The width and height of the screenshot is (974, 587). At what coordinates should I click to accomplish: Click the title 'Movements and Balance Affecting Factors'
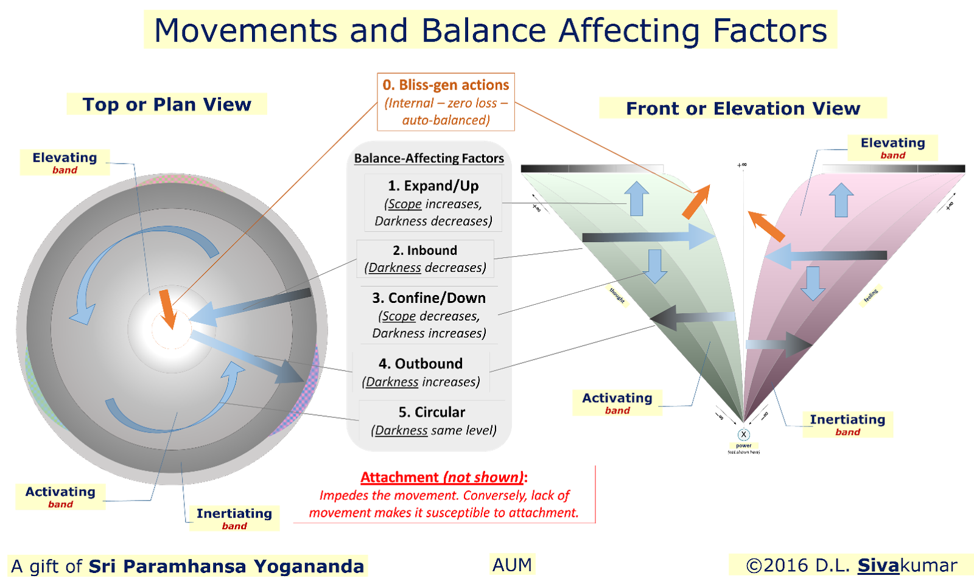[x=490, y=30]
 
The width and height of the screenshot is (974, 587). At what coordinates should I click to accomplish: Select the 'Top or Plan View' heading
[x=166, y=104]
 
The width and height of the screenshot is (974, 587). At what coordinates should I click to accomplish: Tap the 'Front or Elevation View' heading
[x=743, y=108]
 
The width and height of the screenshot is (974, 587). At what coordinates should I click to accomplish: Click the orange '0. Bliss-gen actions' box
[x=446, y=102]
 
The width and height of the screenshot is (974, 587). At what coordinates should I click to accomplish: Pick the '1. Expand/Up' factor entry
[x=433, y=203]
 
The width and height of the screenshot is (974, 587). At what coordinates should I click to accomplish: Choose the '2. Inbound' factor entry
[x=425, y=259]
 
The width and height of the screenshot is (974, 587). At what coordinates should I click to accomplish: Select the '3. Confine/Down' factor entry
[x=429, y=314]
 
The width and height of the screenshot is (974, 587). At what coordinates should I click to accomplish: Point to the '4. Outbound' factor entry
[x=421, y=372]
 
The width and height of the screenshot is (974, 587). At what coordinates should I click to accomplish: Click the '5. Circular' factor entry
[x=432, y=420]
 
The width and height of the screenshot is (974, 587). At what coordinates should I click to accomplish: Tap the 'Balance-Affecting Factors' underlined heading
[x=429, y=158]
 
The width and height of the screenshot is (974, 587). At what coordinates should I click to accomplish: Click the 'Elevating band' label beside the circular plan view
[x=65, y=162]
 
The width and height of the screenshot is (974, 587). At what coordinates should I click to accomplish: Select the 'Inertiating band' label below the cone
[x=847, y=424]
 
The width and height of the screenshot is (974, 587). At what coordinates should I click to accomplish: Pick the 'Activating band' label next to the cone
[x=617, y=403]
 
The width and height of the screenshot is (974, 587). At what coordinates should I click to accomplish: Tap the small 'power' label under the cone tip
[x=743, y=446]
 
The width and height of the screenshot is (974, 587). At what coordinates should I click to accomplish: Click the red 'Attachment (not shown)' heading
[x=443, y=478]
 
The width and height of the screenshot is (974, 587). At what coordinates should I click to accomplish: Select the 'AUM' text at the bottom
[x=512, y=564]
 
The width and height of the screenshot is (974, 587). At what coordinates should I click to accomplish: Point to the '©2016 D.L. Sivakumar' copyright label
[x=851, y=565]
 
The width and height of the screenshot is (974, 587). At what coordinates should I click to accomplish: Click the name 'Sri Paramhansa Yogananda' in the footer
[x=226, y=566]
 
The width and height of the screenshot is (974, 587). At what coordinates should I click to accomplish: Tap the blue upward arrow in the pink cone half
[x=841, y=200]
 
